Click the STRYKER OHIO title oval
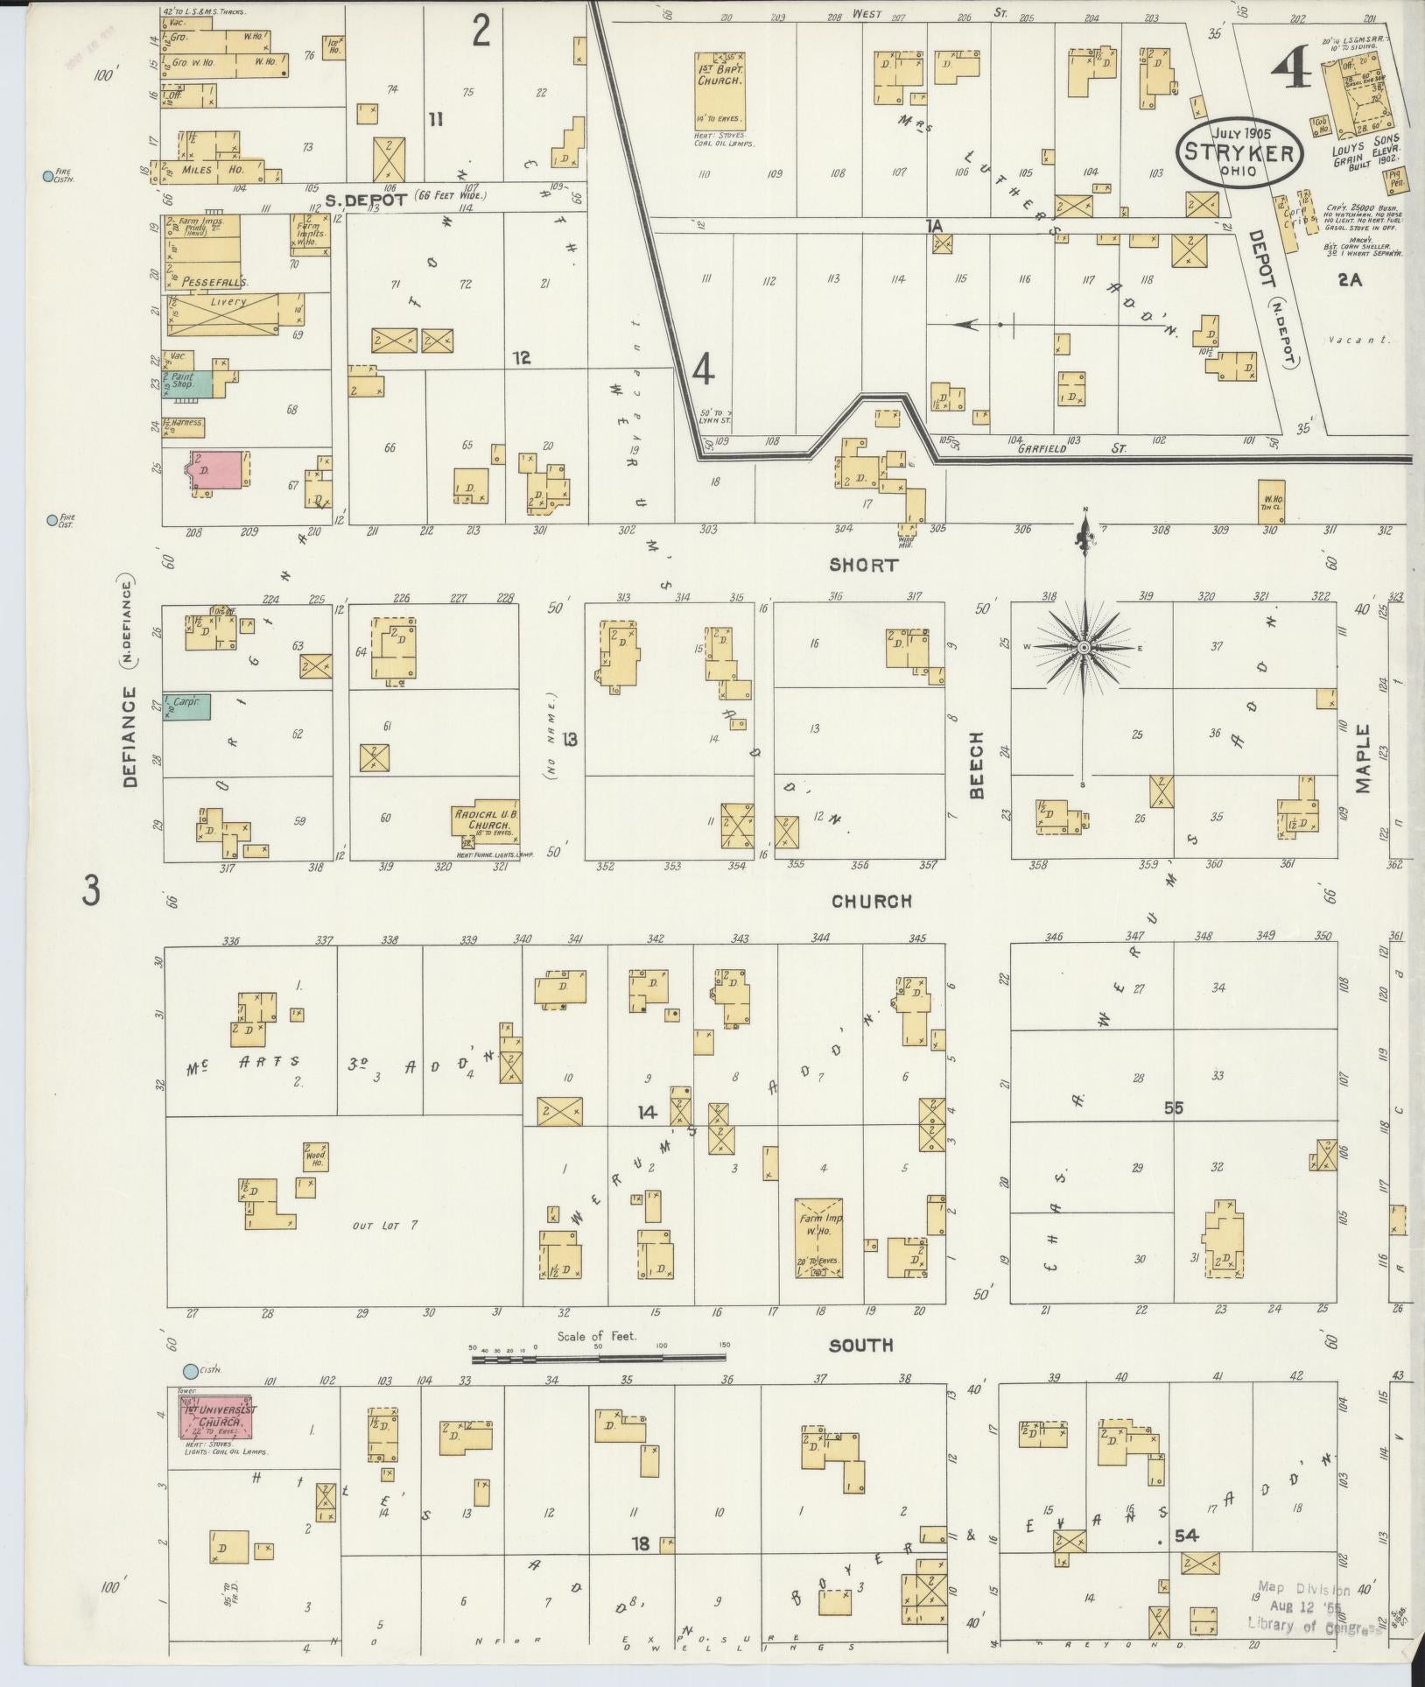pos(1239,151)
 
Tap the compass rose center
pos(1084,647)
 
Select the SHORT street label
pos(864,566)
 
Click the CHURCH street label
pos(871,901)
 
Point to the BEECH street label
pos(978,765)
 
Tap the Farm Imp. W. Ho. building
pos(818,1237)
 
